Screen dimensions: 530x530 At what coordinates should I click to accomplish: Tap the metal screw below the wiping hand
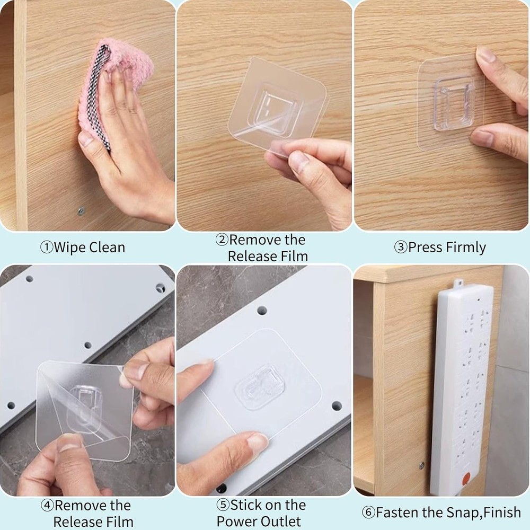tap(81, 211)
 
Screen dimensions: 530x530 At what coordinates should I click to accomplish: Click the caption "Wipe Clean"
tap(90, 248)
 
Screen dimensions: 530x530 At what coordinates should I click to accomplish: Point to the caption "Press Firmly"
tap(447, 248)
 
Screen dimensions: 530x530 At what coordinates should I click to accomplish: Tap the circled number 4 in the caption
tap(47, 505)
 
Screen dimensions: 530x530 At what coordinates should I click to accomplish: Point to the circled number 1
tap(47, 248)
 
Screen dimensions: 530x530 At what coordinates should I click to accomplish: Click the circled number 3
tap(400, 248)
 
